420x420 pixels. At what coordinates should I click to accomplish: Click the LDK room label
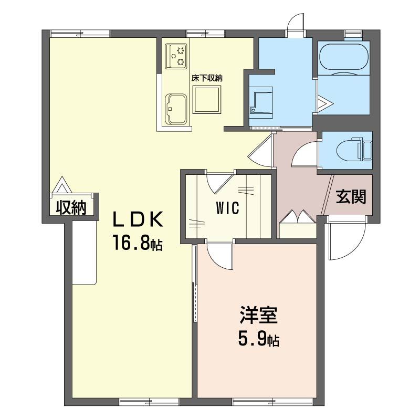138,219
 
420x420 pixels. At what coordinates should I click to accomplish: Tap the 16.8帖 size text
138,243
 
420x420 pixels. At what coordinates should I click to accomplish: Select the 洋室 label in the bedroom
258,316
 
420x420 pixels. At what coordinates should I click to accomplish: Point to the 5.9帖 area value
258,339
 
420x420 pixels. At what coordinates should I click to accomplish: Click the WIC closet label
228,208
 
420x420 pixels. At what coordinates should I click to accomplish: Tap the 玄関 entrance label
351,197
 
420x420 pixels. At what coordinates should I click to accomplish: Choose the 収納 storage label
71,207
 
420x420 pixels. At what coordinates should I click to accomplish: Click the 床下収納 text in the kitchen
207,78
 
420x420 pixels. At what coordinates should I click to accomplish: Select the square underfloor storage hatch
207,100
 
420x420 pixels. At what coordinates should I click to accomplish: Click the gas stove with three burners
176,56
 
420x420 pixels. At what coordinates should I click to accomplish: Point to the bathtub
344,58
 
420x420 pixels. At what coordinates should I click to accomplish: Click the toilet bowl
353,151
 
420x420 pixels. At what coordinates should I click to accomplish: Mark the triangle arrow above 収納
62,185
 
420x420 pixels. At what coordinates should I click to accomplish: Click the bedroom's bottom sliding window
272,402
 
